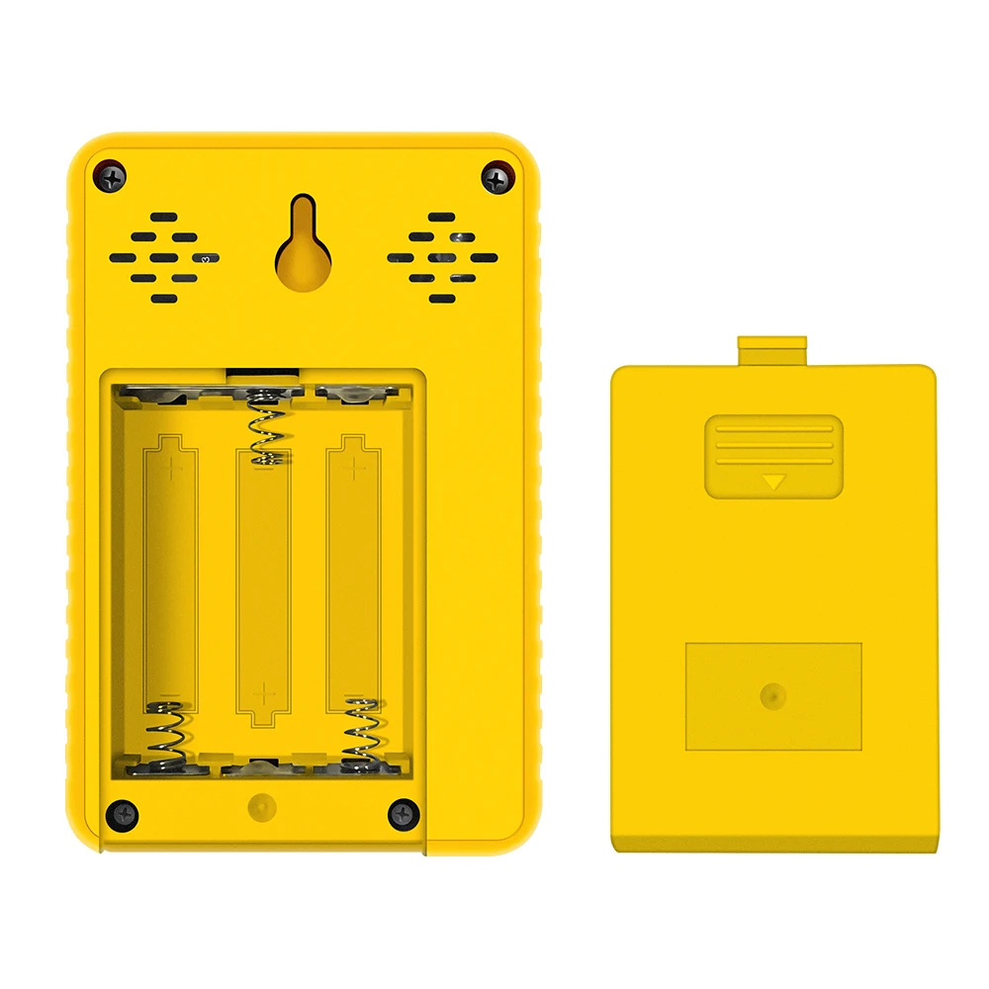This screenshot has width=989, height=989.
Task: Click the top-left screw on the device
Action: tap(111, 178)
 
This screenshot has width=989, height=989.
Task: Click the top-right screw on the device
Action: tap(496, 178)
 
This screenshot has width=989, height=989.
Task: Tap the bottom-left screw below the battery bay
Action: tap(124, 815)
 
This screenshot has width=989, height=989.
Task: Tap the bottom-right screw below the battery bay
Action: tap(404, 815)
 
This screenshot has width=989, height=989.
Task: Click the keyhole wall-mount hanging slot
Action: tap(303, 247)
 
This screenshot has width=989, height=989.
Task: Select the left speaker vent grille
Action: tap(163, 257)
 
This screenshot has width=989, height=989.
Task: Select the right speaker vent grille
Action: tap(442, 257)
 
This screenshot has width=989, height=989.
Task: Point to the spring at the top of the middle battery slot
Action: tap(264, 427)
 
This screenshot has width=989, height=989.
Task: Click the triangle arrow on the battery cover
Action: tap(773, 483)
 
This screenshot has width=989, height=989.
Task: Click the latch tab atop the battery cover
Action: tap(772, 350)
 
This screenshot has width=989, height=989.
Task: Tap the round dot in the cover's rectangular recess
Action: tap(773, 695)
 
